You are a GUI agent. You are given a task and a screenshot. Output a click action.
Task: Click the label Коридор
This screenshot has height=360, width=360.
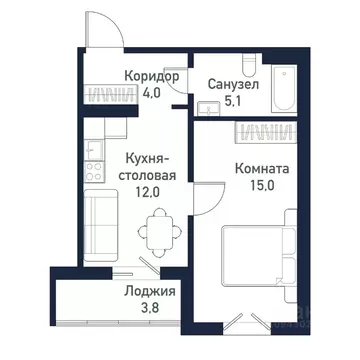point(151,76)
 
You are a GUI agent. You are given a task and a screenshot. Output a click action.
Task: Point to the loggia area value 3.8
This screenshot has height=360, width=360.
point(151,310)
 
